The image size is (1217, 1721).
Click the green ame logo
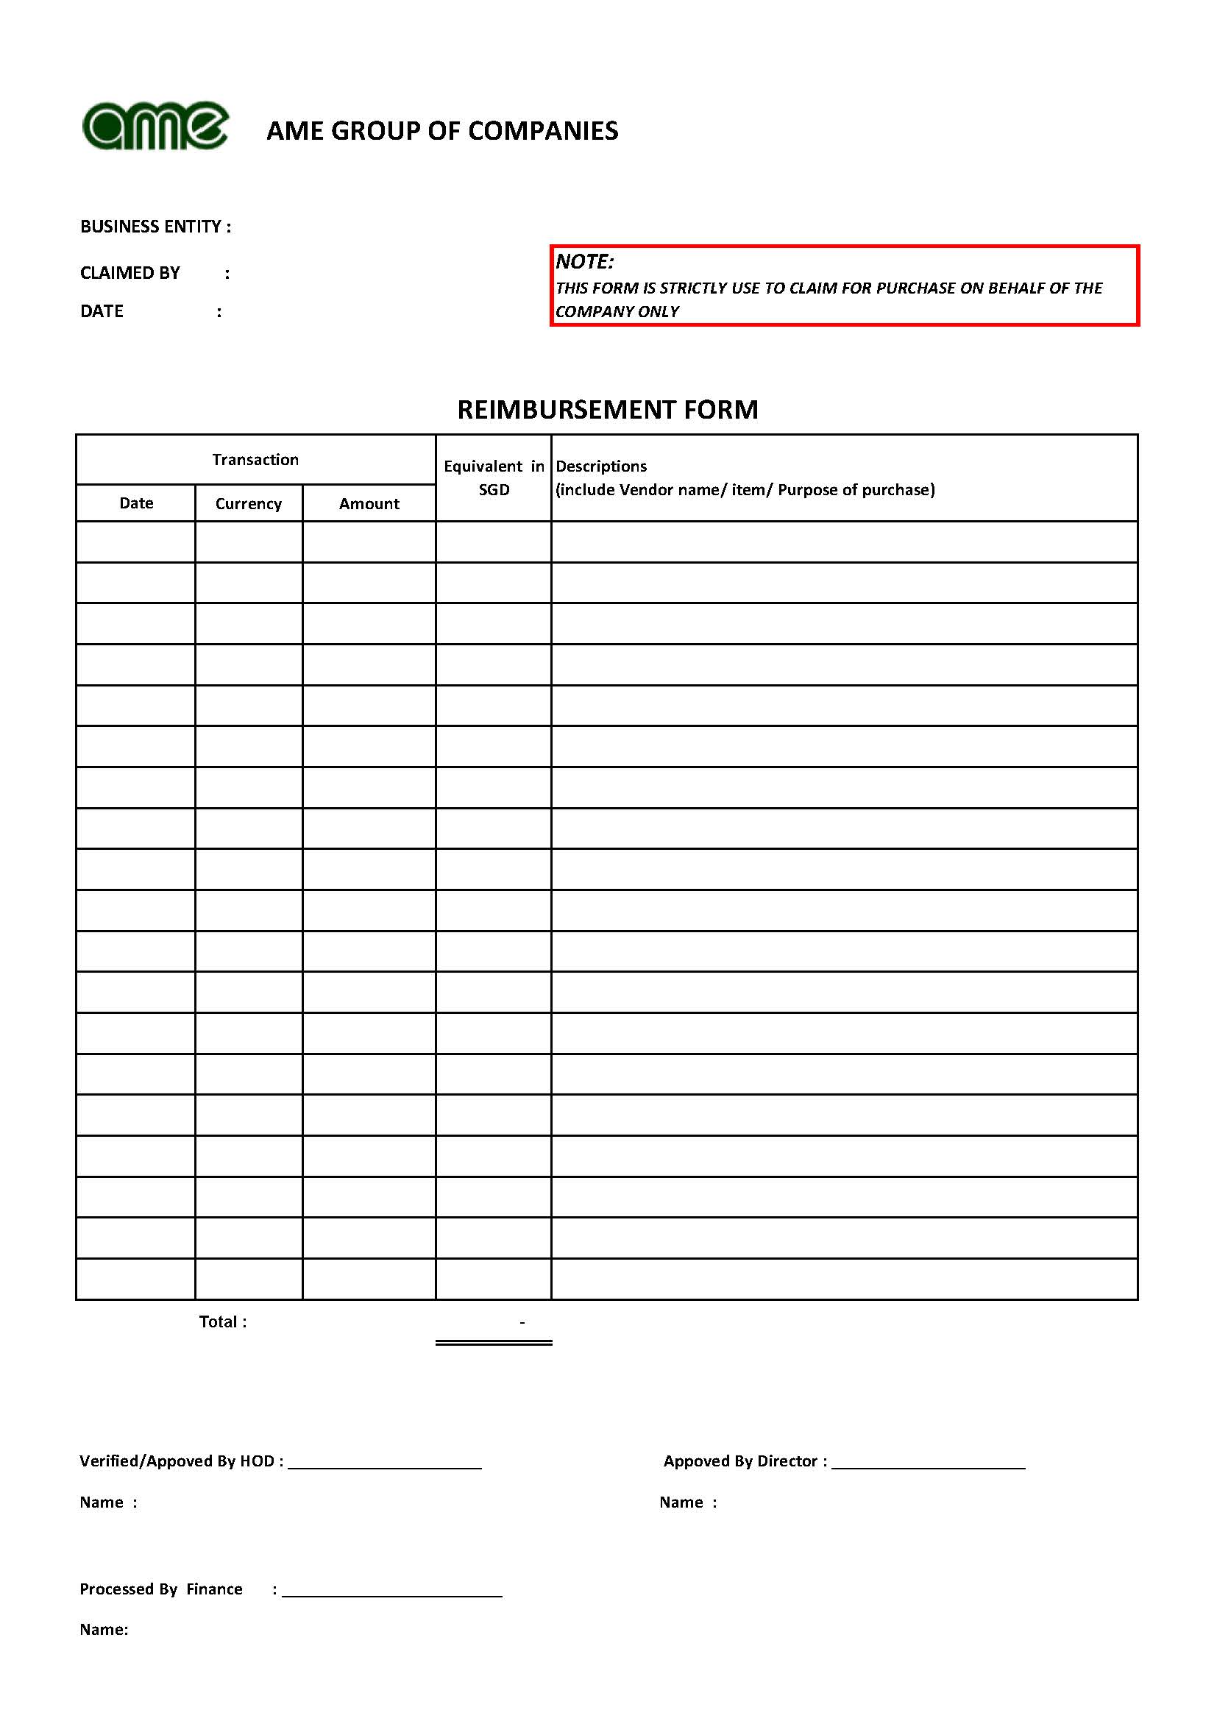point(155,126)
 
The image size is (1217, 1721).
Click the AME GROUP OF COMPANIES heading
point(442,131)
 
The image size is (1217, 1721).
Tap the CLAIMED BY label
point(130,273)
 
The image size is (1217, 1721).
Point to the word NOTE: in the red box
point(584,262)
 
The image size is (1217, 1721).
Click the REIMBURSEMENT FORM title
point(608,410)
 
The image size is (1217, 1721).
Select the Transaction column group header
point(255,459)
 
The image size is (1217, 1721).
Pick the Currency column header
point(249,504)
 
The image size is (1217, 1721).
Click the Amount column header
point(369,504)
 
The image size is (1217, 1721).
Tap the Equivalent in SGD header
point(494,478)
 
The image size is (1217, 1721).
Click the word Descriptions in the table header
point(601,466)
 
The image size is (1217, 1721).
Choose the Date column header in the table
point(136,503)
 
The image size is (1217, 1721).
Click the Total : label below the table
point(222,1321)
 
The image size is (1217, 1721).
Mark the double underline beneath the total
point(494,1343)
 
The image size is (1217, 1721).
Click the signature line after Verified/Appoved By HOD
point(385,1468)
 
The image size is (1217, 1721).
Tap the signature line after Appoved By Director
point(929,1468)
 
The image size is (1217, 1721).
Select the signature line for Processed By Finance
point(392,1596)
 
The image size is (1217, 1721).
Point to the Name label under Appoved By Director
point(682,1502)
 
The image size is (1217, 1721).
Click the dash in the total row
point(522,1322)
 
